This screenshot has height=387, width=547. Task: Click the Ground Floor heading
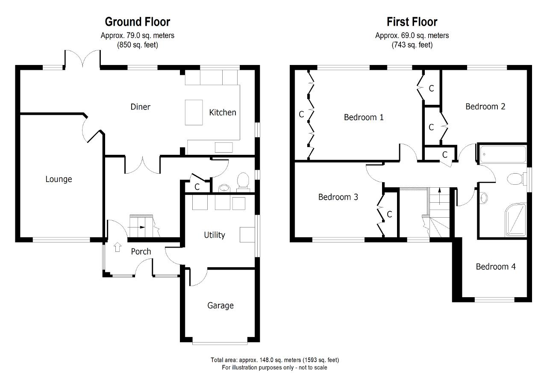point(138,22)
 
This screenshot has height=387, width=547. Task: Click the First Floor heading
point(412,22)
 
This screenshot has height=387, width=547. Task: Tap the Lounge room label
point(59,179)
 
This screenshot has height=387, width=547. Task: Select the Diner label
point(141,107)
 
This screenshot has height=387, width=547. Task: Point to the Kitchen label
point(223,112)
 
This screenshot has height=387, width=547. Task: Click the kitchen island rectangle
point(194,112)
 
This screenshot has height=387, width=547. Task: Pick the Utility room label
point(215,235)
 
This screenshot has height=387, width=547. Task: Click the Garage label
point(221,306)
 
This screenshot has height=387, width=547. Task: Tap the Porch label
point(141,251)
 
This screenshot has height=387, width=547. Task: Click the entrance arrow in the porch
point(118,247)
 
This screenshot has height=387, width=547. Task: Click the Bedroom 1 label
point(364,117)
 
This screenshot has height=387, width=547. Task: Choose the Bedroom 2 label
point(485,106)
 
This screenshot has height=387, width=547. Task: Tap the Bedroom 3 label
point(338,197)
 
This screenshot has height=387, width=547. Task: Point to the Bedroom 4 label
point(496,266)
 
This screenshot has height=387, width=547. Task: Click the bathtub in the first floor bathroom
point(503,154)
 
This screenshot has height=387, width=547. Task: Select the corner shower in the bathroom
point(515,220)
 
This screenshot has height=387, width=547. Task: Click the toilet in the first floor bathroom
point(516,179)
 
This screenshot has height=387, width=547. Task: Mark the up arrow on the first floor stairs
point(440,196)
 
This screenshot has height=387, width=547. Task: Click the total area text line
point(275,360)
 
